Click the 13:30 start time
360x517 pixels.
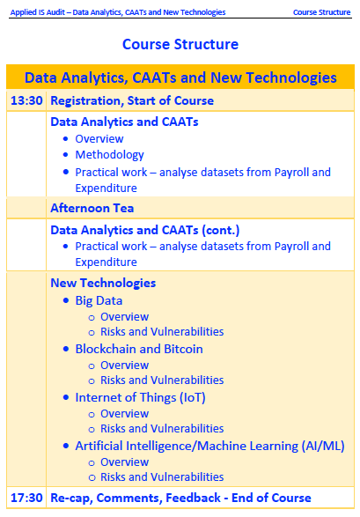[x=26, y=100]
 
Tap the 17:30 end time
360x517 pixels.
[x=26, y=498]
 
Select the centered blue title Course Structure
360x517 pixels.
[x=180, y=44]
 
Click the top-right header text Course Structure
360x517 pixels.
[x=322, y=12]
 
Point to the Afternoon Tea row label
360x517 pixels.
[x=92, y=208]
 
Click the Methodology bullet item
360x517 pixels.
[x=110, y=155]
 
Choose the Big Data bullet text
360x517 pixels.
[x=99, y=300]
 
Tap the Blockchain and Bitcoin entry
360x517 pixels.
[x=139, y=349]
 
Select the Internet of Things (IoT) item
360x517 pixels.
[x=140, y=397]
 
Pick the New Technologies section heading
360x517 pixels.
[x=103, y=283]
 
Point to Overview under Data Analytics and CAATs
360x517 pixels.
[x=99, y=139]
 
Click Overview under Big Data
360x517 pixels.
[x=124, y=317]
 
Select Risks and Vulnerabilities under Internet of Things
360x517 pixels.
[x=162, y=429]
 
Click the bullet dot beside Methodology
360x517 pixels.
[x=66, y=155]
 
